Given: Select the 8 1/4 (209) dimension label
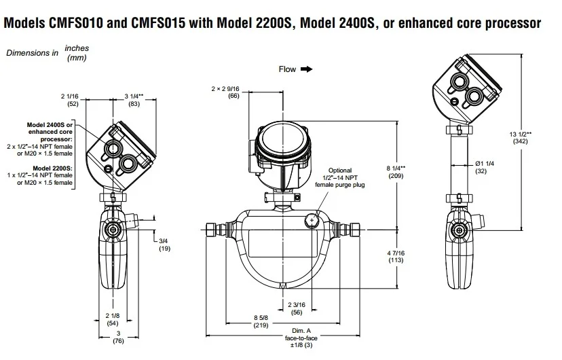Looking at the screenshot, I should (396, 171).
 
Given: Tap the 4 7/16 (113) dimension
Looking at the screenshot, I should (396, 256).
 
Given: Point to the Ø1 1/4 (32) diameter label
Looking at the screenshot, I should (484, 167).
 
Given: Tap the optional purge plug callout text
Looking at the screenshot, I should (345, 178).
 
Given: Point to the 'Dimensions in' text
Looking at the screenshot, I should (32, 53).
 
